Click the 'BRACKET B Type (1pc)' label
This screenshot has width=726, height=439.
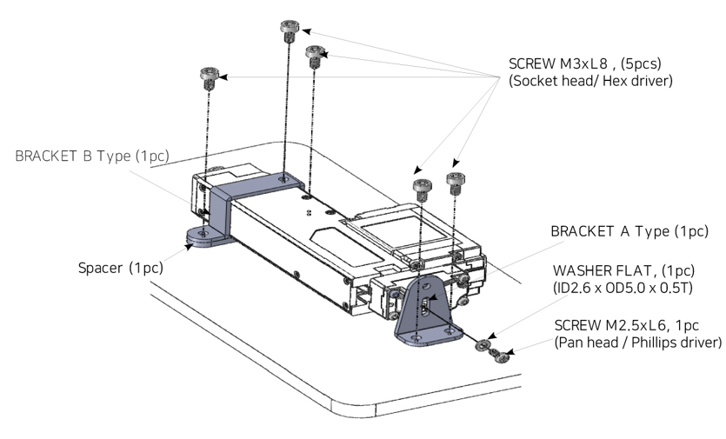[x=91, y=156]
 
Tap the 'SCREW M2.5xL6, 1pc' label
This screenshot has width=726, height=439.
[x=625, y=325]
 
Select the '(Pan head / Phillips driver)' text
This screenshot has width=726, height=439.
[x=638, y=343]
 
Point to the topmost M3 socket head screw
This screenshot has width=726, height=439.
[x=288, y=29]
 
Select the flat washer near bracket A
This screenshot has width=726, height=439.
[x=480, y=346]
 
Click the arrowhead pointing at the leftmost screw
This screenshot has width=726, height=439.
[x=222, y=77]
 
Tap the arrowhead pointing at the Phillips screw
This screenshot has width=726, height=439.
[x=509, y=352]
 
